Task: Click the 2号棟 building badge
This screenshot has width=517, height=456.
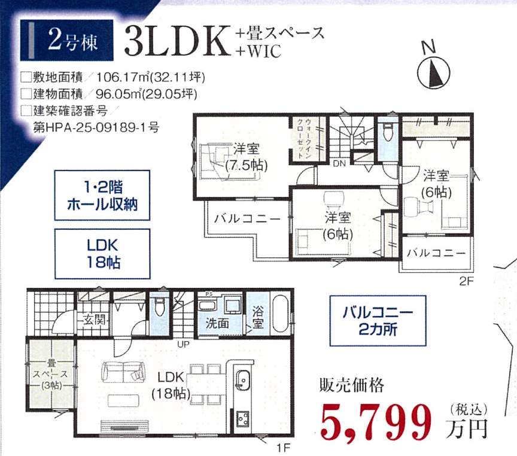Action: click(66, 41)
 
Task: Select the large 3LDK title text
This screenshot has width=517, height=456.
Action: click(177, 41)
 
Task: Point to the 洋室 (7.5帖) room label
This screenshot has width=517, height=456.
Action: click(247, 157)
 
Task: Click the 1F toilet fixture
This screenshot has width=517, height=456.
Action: click(159, 306)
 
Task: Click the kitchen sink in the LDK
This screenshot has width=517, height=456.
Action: click(243, 381)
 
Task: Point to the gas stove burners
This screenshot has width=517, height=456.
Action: click(243, 419)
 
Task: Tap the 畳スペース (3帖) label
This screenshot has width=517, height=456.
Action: click(51, 374)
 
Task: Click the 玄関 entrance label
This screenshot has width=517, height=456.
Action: click(94, 320)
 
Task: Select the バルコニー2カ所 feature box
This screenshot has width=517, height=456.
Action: click(378, 321)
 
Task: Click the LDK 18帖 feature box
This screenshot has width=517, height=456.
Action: click(102, 254)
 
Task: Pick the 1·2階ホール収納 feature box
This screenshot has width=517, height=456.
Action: click(102, 195)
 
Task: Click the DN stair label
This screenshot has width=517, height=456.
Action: click(339, 163)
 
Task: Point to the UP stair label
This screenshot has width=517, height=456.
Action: click(183, 345)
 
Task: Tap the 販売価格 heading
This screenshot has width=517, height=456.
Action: click(352, 385)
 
